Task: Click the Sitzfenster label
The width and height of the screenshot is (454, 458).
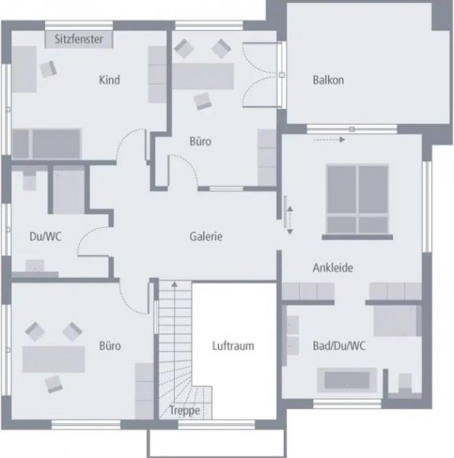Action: (79, 39)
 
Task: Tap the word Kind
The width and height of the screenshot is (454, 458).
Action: (109, 79)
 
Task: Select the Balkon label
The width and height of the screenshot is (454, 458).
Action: (328, 80)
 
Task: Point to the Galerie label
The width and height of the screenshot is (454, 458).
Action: (206, 237)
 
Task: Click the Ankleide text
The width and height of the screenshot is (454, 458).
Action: (333, 268)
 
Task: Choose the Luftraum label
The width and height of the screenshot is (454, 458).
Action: (233, 346)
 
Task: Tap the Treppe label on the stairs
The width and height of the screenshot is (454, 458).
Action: (185, 411)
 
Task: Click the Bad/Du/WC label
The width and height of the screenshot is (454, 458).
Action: (339, 346)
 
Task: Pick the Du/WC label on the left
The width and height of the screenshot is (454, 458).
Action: (46, 237)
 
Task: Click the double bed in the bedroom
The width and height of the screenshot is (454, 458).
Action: (357, 199)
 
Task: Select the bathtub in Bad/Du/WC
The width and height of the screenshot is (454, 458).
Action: (347, 380)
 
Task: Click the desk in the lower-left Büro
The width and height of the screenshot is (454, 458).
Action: (53, 360)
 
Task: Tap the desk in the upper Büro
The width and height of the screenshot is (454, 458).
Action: (203, 76)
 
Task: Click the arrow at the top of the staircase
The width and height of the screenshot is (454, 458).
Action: (174, 284)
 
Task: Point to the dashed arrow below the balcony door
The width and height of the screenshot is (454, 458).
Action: (329, 140)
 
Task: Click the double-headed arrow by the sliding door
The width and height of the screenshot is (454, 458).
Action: (290, 221)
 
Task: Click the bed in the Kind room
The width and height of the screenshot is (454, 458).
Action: (47, 144)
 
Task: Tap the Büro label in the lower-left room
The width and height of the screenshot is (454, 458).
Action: (110, 346)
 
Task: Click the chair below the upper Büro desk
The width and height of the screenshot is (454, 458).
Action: (203, 101)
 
